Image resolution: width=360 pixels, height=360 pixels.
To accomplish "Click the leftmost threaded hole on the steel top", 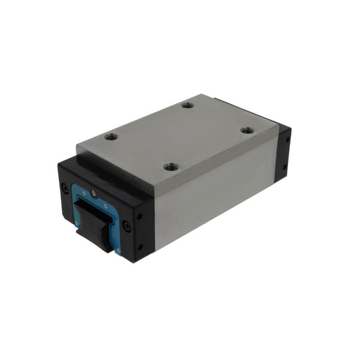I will [110, 137].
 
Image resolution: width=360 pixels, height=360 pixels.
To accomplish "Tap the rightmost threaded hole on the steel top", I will [246, 130].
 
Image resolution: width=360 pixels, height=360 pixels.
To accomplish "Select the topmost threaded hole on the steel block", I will [187, 105].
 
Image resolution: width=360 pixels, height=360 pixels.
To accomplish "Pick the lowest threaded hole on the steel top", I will [171, 166].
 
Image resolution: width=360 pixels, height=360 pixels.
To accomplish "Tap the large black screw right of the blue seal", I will [126, 226].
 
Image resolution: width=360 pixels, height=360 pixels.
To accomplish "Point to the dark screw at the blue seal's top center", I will [93, 193].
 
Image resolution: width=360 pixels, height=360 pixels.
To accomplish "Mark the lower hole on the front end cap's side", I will [140, 245].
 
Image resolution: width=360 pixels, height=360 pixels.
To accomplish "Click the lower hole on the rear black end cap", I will [285, 167].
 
